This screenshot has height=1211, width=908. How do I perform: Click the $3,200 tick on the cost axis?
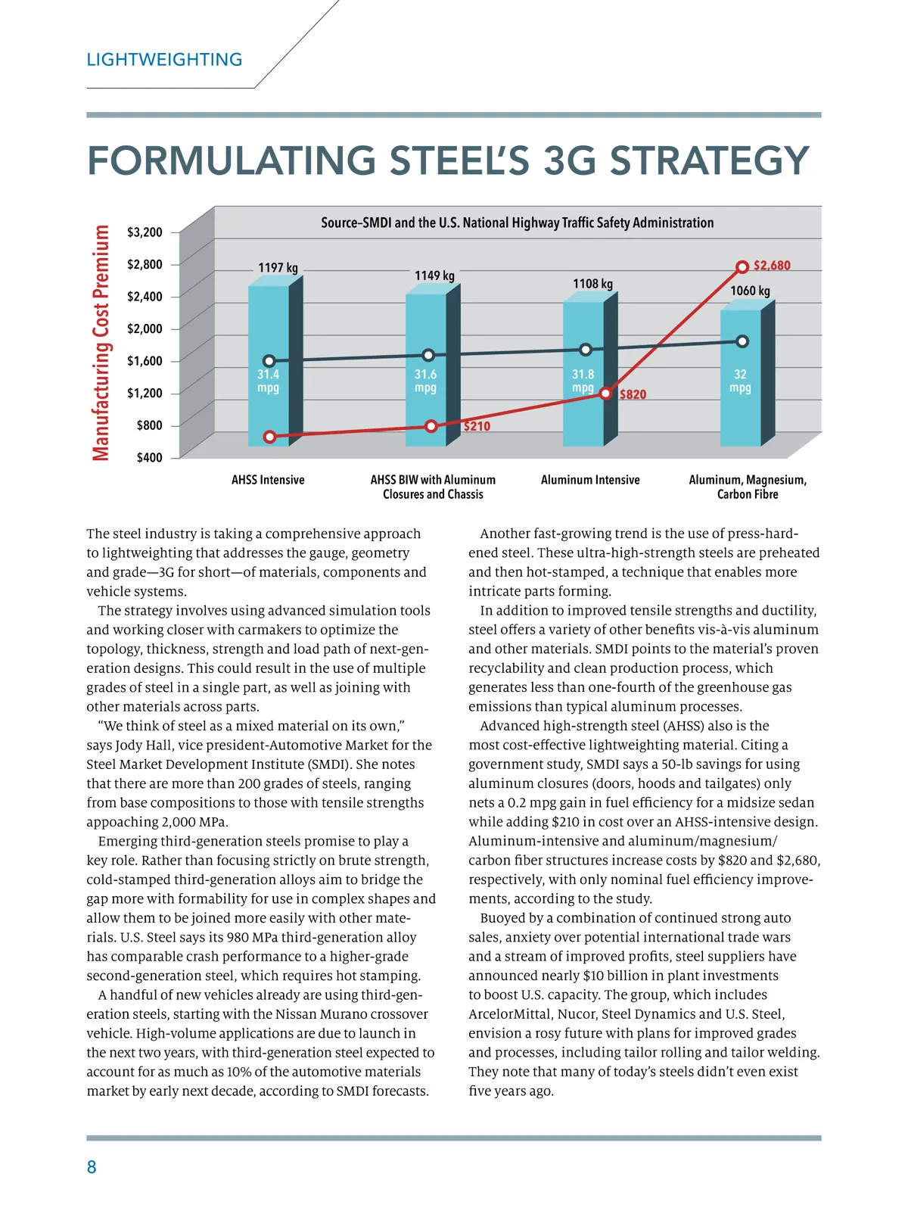coord(145,232)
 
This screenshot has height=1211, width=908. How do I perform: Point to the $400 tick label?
coord(149,458)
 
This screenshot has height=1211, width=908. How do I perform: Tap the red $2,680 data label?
coord(772,266)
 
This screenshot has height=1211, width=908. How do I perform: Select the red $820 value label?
coord(633,394)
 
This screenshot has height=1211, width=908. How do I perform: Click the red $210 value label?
coord(477,426)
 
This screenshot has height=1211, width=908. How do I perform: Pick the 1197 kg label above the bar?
coord(278,268)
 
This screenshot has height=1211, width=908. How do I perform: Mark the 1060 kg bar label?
coord(750,291)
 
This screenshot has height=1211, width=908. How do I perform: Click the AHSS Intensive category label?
coord(268,480)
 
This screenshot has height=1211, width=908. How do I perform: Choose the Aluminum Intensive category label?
coord(590,480)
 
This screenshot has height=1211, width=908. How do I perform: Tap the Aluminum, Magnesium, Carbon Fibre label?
coord(748,487)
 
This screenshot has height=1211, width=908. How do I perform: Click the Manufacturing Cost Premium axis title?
coord(101,343)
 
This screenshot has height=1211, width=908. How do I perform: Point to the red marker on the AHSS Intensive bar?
coord(269,437)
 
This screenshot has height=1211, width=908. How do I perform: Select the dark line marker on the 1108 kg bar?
coord(586,350)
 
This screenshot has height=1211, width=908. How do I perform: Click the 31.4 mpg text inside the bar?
coord(268,381)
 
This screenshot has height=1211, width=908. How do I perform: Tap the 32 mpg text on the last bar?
coord(740,381)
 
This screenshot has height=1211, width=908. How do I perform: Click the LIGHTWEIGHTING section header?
coord(164,60)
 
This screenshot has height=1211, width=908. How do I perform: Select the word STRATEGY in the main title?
coord(709,160)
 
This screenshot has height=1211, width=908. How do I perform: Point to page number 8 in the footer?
coord(92,1167)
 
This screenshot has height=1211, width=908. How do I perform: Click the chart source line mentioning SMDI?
coord(517,223)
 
